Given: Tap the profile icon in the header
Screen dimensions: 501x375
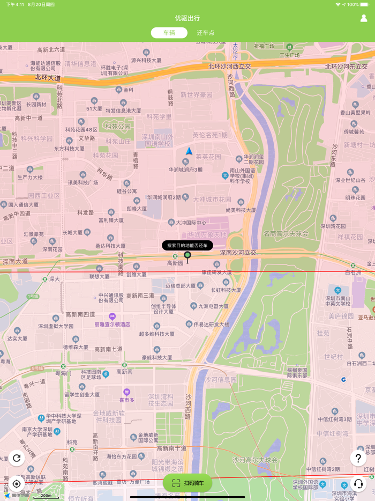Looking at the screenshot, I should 364,18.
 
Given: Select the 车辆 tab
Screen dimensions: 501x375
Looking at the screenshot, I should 169,33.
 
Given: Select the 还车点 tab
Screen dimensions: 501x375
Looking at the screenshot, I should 205,33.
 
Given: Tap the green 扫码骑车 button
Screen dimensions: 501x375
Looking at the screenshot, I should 187,483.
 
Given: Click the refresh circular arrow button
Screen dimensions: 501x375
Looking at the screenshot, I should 17,458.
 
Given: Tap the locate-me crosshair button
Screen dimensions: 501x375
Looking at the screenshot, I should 17,484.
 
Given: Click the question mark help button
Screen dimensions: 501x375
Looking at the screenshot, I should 358,458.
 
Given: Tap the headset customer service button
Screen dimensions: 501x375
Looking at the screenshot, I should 358,484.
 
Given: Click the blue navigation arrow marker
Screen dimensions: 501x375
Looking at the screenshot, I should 189,151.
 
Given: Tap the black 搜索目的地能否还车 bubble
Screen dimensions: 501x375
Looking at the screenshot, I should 187,245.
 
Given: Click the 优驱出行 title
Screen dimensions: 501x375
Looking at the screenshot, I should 187,18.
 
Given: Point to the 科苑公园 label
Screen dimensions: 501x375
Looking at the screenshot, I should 118,127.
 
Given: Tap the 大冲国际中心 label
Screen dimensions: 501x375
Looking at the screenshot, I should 187,223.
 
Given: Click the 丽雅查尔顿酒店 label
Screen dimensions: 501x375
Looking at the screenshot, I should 112,325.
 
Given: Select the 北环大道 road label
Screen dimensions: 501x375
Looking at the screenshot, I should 48,77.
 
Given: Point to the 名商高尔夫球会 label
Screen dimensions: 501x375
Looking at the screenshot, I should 286,233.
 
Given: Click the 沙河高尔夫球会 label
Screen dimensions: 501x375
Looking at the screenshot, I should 255,460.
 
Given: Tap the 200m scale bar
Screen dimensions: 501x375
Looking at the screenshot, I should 46,496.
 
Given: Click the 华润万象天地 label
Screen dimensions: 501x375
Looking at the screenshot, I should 207,235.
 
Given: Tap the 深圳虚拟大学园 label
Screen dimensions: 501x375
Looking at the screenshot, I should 56,326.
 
